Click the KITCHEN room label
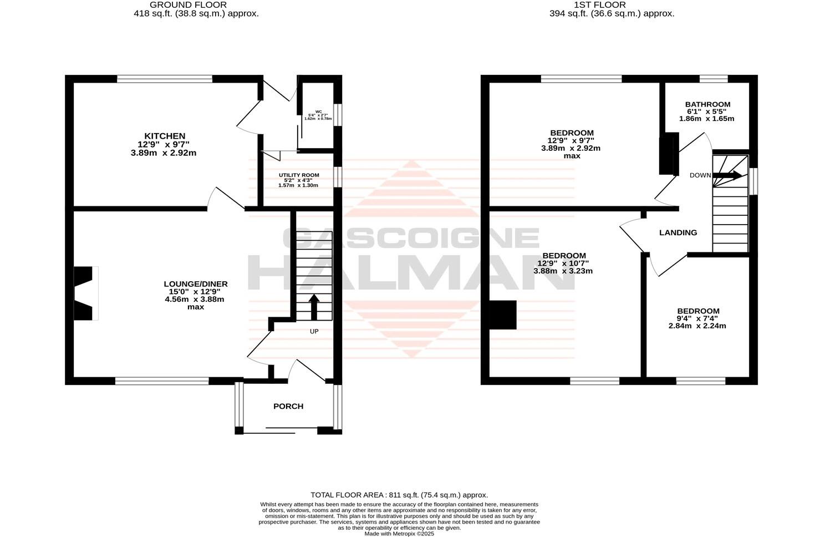(x=165, y=136)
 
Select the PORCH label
(x=288, y=406)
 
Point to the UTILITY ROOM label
(x=299, y=175)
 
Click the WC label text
(x=318, y=111)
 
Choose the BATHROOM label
(x=707, y=104)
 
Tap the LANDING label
(x=678, y=232)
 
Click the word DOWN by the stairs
(x=700, y=175)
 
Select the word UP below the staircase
(x=314, y=331)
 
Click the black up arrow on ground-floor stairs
(x=313, y=307)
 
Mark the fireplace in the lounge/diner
(x=85, y=293)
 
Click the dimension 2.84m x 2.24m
(x=697, y=326)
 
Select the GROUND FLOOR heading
(x=196, y=5)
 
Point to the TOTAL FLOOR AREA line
(x=399, y=495)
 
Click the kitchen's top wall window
(x=165, y=79)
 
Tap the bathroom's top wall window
(x=713, y=79)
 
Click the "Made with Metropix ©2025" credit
(x=399, y=534)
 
